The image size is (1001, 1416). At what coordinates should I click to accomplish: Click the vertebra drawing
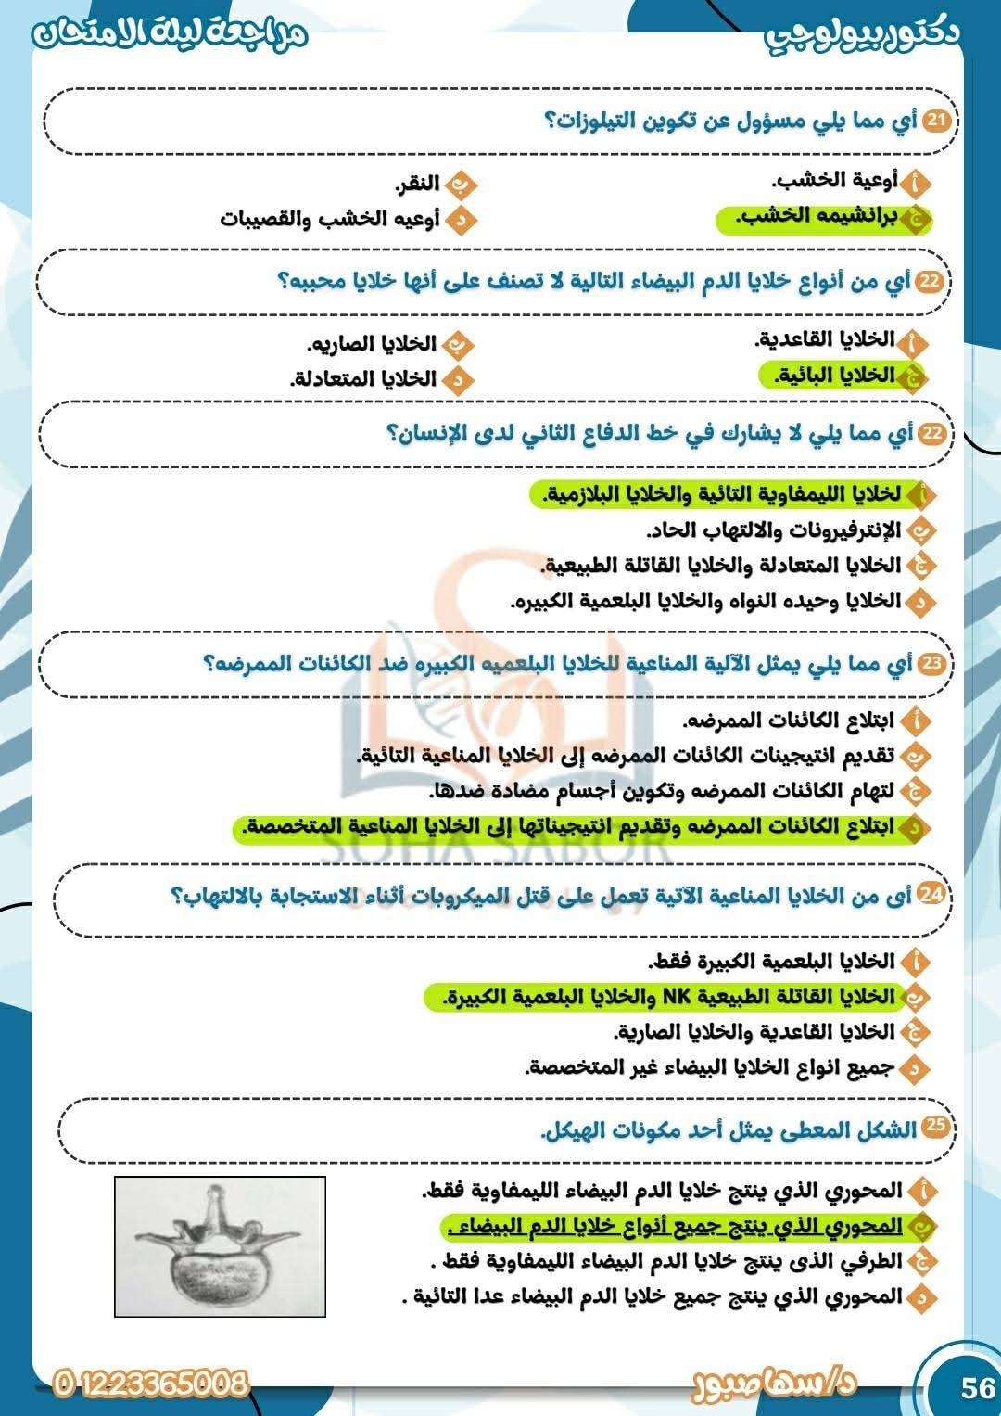point(220,1245)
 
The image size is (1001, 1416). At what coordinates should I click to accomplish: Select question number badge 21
point(938,121)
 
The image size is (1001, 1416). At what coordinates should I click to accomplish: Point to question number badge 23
point(932,663)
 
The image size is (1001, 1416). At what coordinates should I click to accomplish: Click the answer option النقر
point(418,184)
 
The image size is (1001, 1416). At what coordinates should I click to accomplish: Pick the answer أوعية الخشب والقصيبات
point(330,220)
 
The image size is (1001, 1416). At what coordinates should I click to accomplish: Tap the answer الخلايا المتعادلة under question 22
point(362,379)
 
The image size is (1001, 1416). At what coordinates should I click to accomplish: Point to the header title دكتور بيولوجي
point(862,33)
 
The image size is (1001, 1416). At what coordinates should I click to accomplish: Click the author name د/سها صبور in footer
point(774,1384)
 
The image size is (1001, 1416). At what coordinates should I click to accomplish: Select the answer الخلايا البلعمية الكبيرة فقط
point(771,961)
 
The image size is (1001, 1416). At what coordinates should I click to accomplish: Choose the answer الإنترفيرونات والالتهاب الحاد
point(773,530)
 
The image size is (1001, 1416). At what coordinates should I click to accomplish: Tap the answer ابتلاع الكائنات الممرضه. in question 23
point(789,721)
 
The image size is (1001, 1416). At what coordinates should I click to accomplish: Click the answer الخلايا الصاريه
point(372,344)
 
